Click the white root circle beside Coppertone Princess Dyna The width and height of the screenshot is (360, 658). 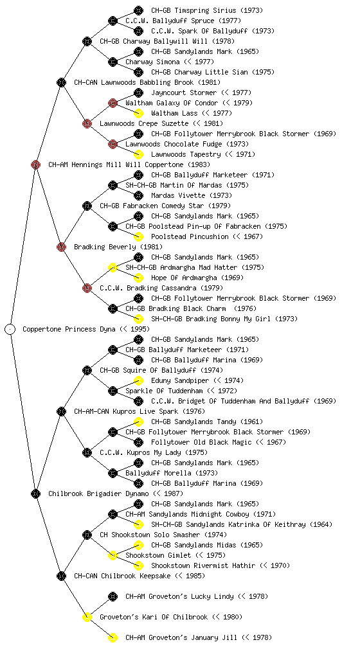coord(10,329)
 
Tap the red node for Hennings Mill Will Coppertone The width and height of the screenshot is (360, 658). coord(35,164)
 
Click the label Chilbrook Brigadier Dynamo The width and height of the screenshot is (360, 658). coord(98,493)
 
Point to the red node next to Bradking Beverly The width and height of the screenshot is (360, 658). coord(61,247)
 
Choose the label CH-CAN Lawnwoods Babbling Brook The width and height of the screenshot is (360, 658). coord(134,82)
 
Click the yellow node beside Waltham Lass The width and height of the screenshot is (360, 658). coord(138,113)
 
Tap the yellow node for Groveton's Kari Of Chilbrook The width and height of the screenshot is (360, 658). coord(87,617)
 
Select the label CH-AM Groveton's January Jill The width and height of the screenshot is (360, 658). coord(181,637)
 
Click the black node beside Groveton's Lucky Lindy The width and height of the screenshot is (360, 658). coord(113,596)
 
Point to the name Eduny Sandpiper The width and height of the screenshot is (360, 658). coord(180,380)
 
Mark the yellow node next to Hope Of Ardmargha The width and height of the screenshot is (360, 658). coord(138,278)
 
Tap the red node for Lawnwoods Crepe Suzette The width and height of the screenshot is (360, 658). coord(87,123)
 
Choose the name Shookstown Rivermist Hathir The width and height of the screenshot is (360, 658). coord(203,565)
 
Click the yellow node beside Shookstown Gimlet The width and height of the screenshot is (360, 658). coord(113,555)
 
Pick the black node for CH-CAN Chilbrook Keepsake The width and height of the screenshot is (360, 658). coord(61,576)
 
